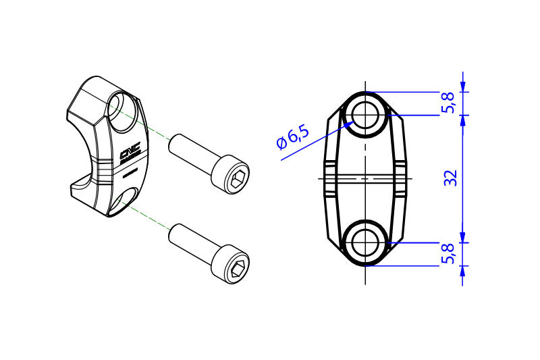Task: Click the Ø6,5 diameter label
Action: point(292,138)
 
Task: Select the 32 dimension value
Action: point(452,178)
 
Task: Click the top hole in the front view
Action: point(365,115)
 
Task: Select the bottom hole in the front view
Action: point(365,242)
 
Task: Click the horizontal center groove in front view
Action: point(365,178)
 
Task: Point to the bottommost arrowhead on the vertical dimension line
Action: point(463,271)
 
